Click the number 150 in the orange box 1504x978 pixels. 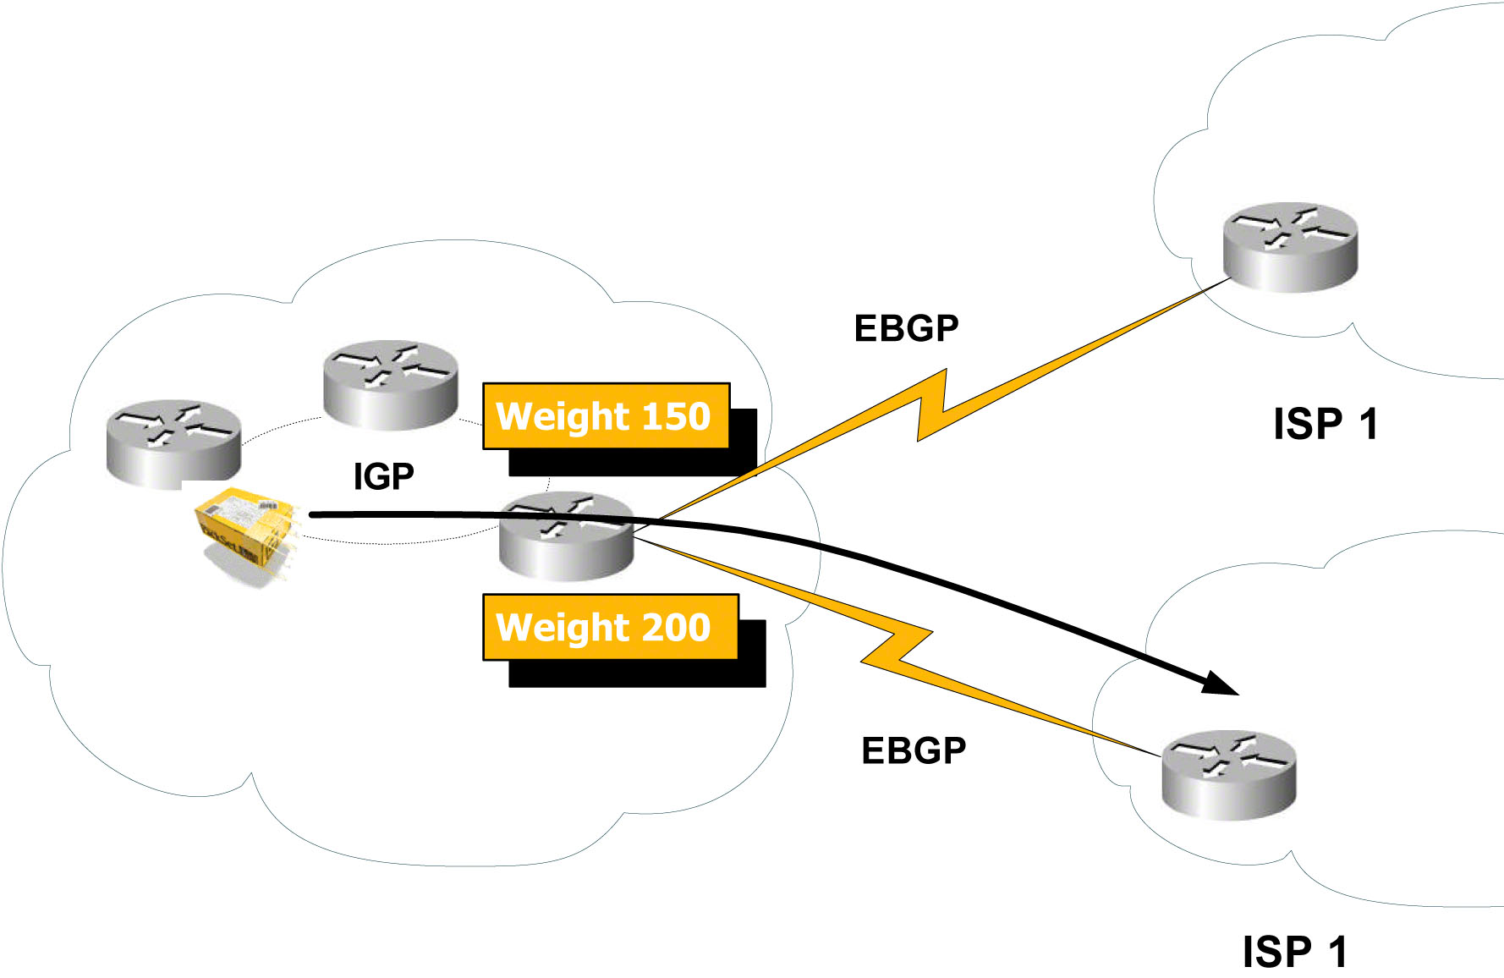pos(676,416)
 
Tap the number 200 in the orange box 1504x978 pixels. pos(676,627)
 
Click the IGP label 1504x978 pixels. pos(383,476)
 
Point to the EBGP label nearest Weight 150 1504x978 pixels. pos(906,328)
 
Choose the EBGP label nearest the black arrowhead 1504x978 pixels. pos(914,750)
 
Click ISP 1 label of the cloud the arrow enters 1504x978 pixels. pos(1294,952)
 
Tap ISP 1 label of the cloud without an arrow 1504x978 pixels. pos(1326,424)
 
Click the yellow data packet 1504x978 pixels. pos(245,529)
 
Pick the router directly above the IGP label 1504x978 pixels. pos(391,384)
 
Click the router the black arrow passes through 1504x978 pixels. pos(566,536)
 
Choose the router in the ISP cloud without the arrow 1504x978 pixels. pos(1290,246)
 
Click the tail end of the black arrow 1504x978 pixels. pos(313,514)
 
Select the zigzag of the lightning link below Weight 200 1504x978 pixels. pos(897,647)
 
